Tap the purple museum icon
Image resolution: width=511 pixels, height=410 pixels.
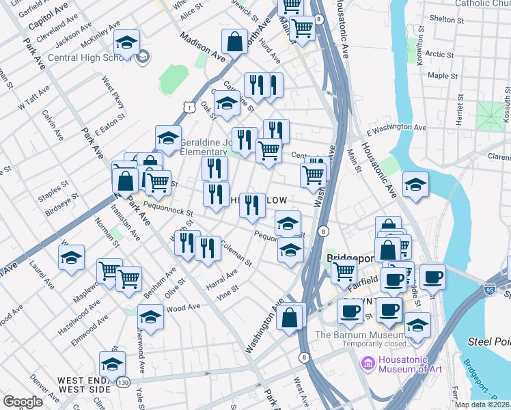369,362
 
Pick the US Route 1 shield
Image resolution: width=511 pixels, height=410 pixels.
189,107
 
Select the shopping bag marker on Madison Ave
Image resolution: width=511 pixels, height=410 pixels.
234,42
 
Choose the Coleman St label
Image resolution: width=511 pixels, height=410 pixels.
236,254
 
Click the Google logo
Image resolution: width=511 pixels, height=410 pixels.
23,402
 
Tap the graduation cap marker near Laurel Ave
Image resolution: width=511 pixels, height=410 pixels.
71,258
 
